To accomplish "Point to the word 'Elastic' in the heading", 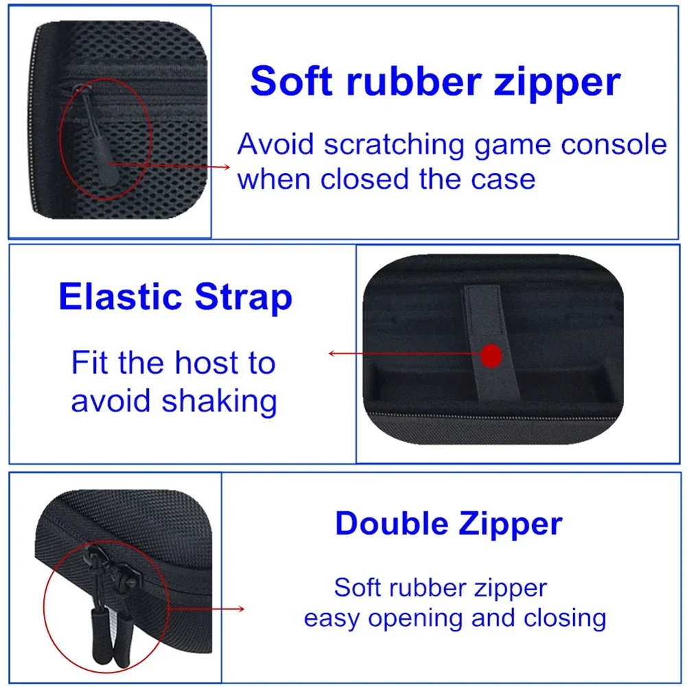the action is (x=121, y=296).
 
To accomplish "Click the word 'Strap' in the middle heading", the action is (x=243, y=298).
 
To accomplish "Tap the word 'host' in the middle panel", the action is (x=207, y=363).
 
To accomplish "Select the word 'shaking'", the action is (x=220, y=401).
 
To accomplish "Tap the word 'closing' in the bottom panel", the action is (x=566, y=618).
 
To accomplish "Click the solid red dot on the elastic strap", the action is (x=491, y=356).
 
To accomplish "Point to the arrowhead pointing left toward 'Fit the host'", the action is (x=332, y=353).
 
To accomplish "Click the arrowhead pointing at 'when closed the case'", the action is (x=226, y=167).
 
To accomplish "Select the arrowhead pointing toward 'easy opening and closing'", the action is (x=240, y=609).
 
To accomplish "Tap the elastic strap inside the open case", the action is (x=491, y=342).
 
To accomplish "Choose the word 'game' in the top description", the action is (x=513, y=147).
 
